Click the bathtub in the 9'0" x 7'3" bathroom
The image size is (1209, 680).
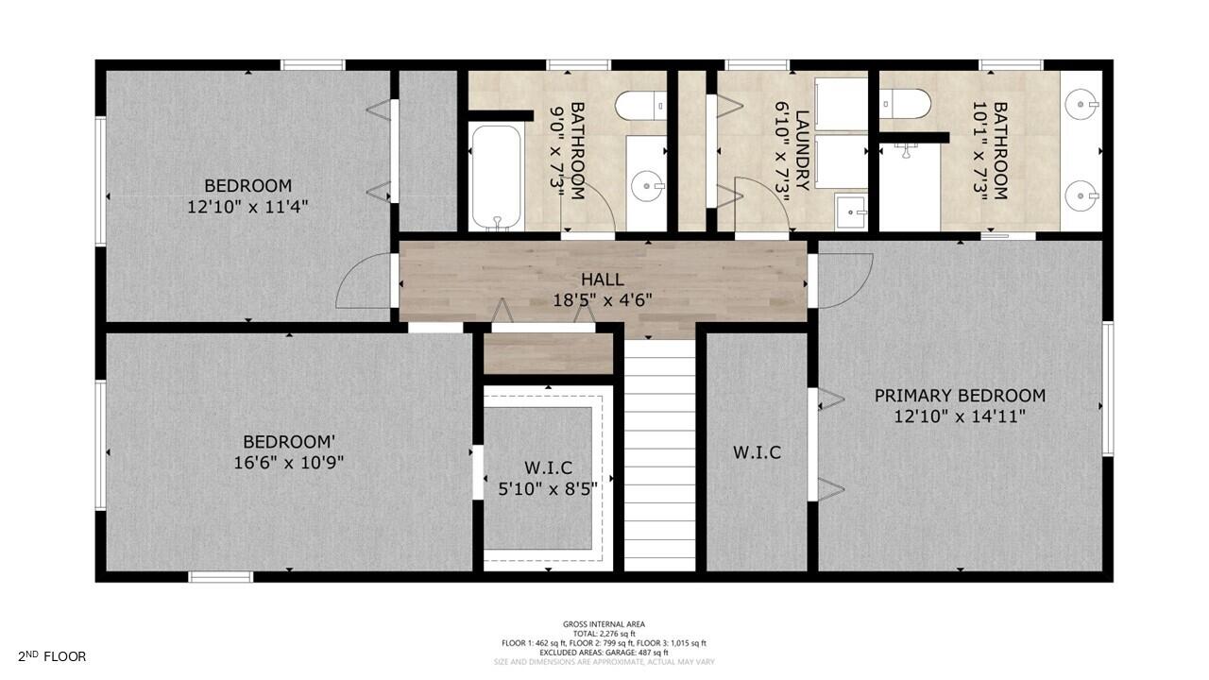coord(497,178)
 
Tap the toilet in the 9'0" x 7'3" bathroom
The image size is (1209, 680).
coord(639,105)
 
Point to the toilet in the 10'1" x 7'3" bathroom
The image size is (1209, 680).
coord(905,102)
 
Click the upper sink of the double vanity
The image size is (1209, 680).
coord(1081,103)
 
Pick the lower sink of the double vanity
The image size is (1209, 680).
coord(1081,197)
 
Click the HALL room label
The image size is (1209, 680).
coord(602,280)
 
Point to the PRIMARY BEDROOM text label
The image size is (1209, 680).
coord(960,396)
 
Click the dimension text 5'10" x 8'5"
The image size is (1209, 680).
coord(548,488)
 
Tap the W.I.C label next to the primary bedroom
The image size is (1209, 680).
coord(757,452)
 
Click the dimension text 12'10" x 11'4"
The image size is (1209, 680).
coord(248,206)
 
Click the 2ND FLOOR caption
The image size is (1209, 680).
coord(52,656)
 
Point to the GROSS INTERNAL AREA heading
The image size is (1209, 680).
coord(604,624)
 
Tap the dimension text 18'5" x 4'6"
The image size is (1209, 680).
coord(603,300)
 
